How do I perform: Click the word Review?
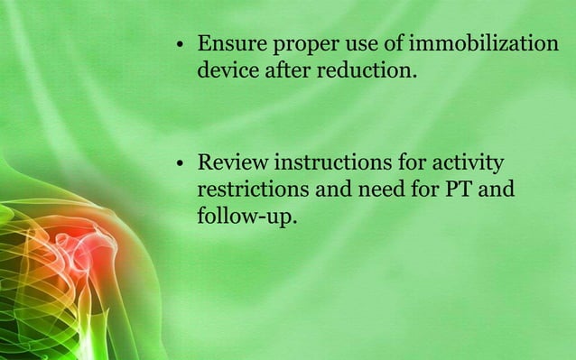[232, 164]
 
